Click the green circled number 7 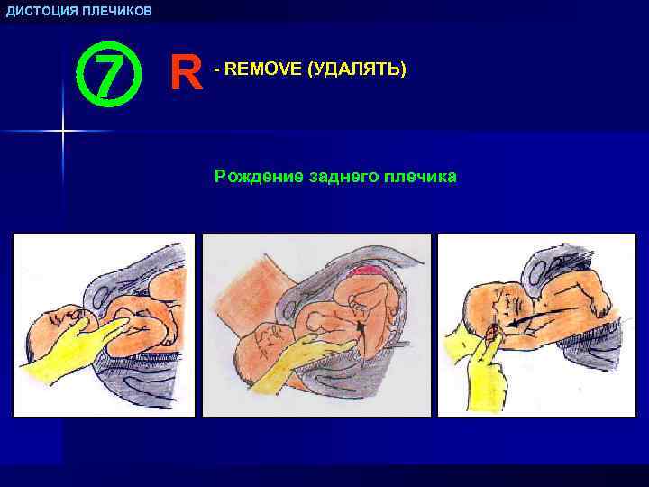pyautogui.click(x=105, y=75)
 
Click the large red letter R pyautogui.click(x=186, y=74)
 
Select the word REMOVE pyautogui.click(x=261, y=69)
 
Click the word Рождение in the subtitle pyautogui.click(x=254, y=177)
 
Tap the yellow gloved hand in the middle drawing pyautogui.click(x=288, y=365)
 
